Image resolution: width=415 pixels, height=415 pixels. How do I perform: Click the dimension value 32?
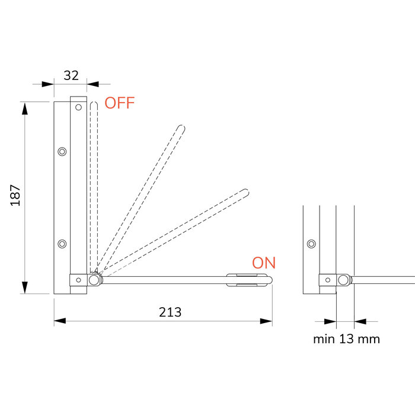pyautogui.click(x=71, y=75)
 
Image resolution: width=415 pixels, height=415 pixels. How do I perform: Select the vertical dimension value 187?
pyautogui.click(x=15, y=195)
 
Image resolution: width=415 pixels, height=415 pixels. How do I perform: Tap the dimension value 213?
pyautogui.click(x=170, y=312)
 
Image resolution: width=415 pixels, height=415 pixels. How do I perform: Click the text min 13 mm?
pyautogui.click(x=346, y=339)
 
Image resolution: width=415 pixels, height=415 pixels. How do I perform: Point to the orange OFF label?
pyautogui.click(x=120, y=103)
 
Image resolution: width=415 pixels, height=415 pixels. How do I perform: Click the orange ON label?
pyautogui.click(x=264, y=263)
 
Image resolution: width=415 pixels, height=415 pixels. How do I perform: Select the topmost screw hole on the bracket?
pyautogui.click(x=78, y=108)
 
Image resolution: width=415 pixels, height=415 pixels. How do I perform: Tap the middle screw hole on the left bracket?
pyautogui.click(x=62, y=151)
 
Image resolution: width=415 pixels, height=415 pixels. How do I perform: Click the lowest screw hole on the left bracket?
pyautogui.click(x=62, y=243)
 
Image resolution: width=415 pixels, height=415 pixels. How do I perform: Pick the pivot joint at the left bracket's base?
pyautogui.click(x=94, y=280)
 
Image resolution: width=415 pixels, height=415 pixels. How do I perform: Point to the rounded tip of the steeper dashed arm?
pyautogui.click(x=181, y=127)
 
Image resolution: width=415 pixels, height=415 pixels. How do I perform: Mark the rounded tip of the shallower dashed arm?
pyautogui.click(x=245, y=191)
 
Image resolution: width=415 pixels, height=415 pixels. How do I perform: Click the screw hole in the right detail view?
pyautogui.click(x=311, y=243)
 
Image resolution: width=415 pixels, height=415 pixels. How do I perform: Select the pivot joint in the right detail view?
pyautogui.click(x=343, y=280)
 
